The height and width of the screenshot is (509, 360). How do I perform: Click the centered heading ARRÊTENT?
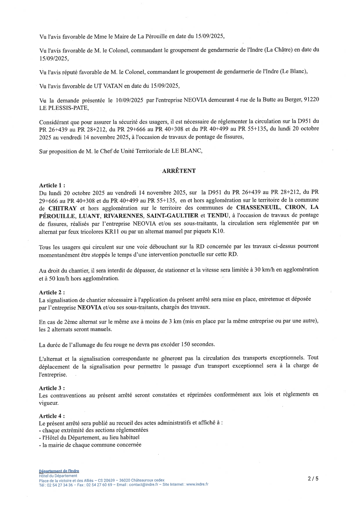tap(179, 171)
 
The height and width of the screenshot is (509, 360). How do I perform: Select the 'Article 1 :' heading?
tap(52, 185)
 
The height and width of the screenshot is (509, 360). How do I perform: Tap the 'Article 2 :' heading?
tap(52, 293)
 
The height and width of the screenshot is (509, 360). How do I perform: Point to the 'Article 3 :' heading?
tap(52, 388)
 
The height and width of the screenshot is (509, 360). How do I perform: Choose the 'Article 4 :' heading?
tap(52, 416)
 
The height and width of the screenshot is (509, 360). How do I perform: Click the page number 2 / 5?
tap(313, 479)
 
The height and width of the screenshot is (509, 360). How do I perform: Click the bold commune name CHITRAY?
tap(62, 208)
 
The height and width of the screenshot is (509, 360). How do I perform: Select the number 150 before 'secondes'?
tap(186, 345)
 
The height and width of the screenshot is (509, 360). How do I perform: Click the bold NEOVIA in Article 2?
tap(89, 308)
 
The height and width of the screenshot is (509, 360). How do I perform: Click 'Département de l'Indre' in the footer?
tap(59, 471)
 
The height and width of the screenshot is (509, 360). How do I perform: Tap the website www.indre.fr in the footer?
tap(197, 484)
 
